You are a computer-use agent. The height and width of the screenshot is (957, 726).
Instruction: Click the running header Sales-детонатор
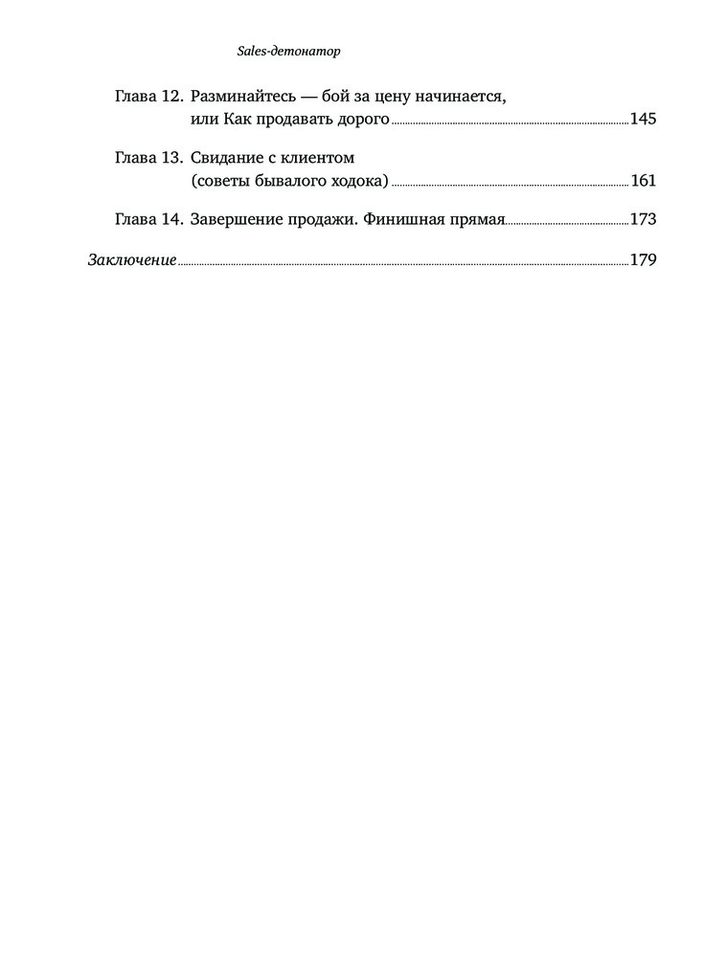click(x=288, y=55)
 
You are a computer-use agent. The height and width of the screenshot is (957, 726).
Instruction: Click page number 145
click(x=643, y=120)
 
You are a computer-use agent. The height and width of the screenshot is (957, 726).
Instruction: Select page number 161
click(x=643, y=181)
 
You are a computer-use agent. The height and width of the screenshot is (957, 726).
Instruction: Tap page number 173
click(x=643, y=220)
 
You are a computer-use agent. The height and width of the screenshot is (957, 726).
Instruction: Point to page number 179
click(x=643, y=259)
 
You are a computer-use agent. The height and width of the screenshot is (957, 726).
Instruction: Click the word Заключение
click(x=132, y=259)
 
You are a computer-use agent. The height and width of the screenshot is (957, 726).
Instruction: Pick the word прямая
click(x=476, y=220)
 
